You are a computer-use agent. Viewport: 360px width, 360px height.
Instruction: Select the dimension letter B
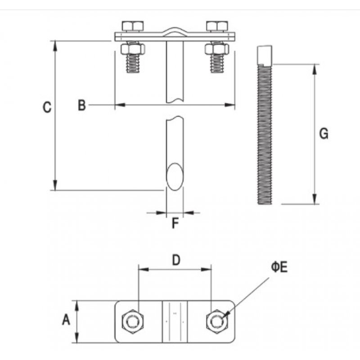coord(81,105)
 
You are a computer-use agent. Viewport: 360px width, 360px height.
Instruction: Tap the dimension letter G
coord(323,134)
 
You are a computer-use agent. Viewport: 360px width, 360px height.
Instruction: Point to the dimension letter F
coord(175,223)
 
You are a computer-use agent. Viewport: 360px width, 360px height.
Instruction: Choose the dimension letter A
coord(66,320)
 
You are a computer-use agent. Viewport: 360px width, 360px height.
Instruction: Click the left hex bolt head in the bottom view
coord(133,321)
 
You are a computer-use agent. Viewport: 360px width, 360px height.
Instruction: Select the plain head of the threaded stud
coord(265,55)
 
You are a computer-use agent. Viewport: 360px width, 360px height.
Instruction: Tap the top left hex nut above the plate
coord(132,26)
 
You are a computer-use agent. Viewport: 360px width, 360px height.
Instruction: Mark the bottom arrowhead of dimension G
coord(314,200)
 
